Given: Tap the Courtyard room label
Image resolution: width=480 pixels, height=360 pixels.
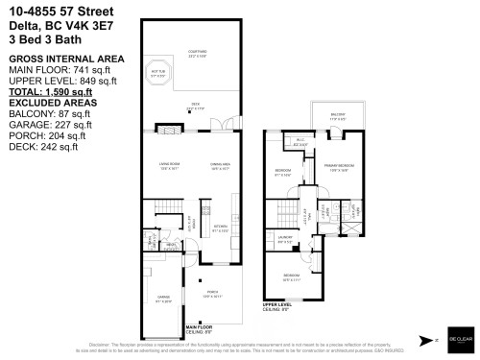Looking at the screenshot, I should [198, 52].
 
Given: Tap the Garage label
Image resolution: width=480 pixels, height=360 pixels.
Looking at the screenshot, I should [164, 299].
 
